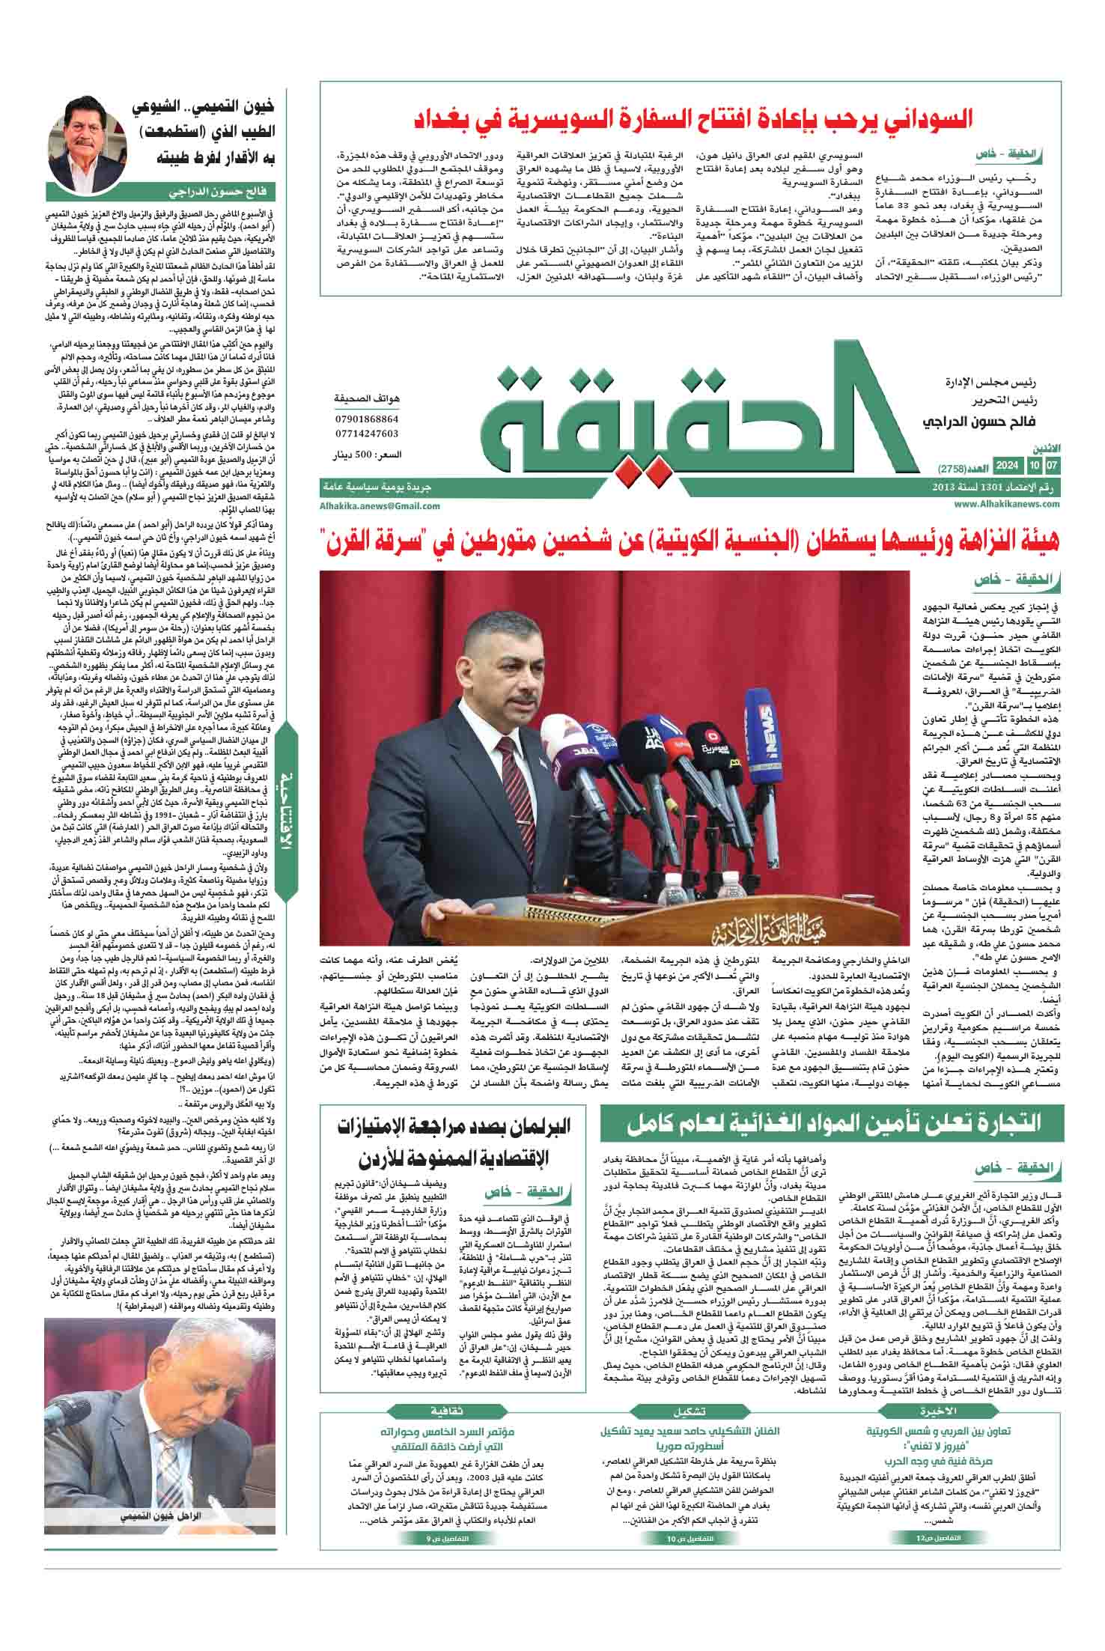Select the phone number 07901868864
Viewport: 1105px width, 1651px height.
click(x=368, y=419)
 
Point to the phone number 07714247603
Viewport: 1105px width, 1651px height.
click(x=368, y=434)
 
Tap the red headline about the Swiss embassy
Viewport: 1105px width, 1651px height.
click(x=693, y=119)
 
